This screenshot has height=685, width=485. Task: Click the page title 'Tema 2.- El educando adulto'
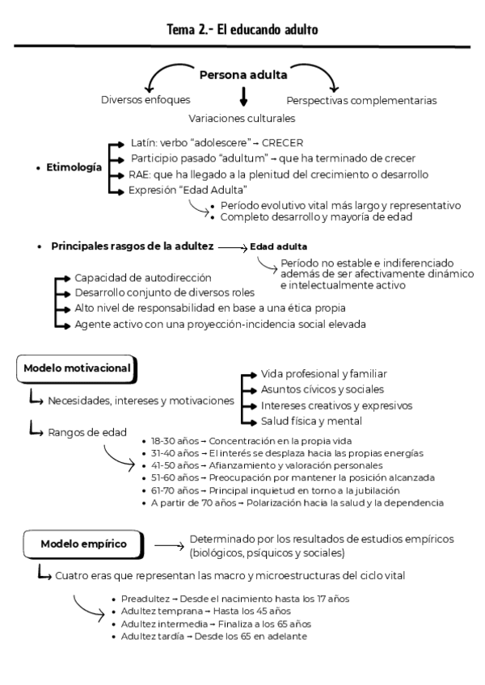point(242,30)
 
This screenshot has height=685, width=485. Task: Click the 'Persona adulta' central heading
point(242,76)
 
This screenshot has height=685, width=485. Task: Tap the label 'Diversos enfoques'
point(145,100)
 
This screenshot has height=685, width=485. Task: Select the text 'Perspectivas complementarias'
point(361,101)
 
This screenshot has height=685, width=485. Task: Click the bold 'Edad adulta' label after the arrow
point(279,246)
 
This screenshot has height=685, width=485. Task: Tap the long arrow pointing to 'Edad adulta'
point(231,246)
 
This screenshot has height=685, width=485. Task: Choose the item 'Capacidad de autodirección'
point(143,277)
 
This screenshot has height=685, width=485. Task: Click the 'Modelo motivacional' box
point(77,368)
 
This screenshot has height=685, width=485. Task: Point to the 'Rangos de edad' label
point(86,432)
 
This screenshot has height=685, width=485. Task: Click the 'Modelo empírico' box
point(83,544)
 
